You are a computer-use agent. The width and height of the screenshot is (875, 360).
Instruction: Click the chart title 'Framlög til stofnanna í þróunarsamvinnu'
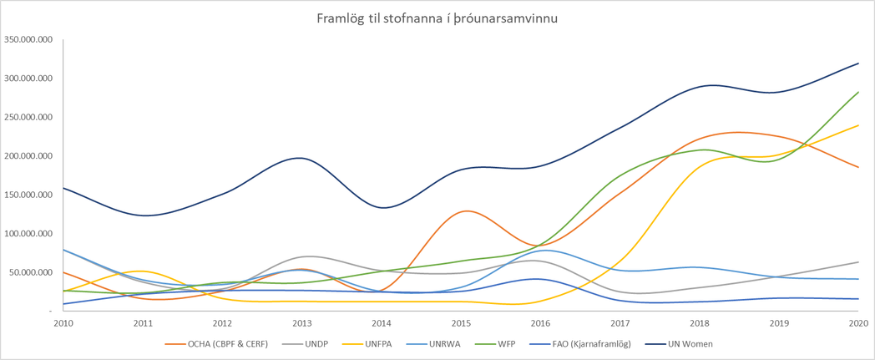pos(437,18)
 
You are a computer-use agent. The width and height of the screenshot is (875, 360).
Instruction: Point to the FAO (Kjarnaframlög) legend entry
pos(570,343)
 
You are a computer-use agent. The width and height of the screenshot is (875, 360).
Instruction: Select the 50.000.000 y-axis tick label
pos(30,272)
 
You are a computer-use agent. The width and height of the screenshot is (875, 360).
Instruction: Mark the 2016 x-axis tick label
pos(541,322)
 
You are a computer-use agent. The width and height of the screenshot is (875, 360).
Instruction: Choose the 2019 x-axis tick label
pos(779,322)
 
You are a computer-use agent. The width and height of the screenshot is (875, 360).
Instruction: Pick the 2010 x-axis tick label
pos(63,322)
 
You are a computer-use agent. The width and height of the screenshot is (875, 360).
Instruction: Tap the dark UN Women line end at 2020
pos(858,63)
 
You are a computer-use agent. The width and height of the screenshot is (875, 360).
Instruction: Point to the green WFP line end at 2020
pos(858,93)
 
